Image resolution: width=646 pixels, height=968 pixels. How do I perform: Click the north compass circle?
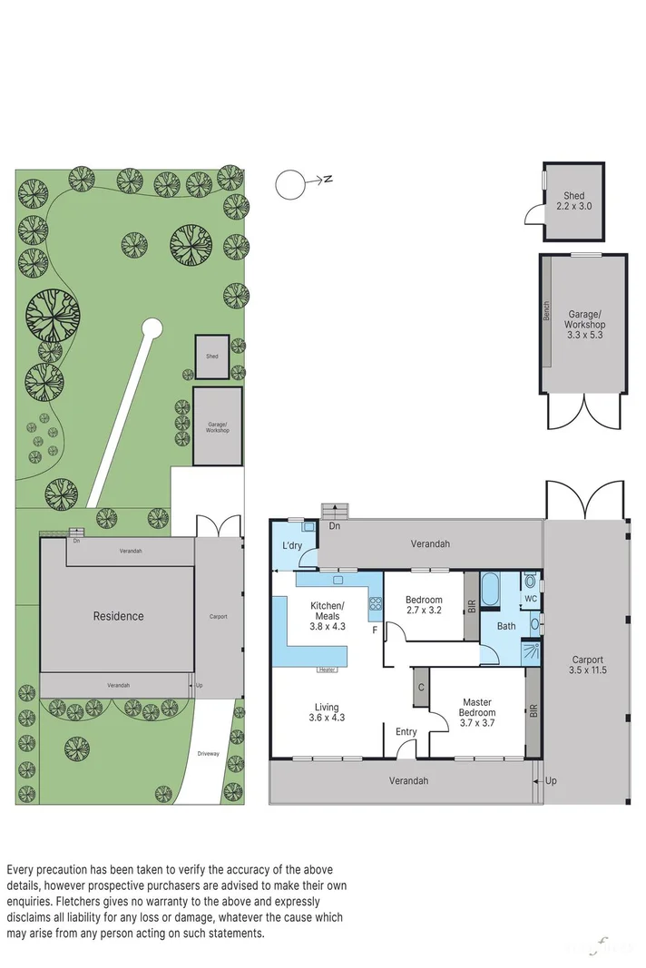click(290, 184)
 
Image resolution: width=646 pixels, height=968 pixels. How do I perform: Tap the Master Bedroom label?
click(477, 708)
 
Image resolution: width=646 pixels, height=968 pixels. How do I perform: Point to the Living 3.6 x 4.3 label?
click(327, 712)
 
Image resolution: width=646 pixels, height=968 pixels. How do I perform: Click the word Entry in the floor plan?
click(406, 731)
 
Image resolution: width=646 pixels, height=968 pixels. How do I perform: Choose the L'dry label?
click(291, 545)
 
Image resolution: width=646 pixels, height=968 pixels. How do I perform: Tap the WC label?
click(530, 599)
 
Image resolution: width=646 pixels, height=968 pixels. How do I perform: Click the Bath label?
click(505, 626)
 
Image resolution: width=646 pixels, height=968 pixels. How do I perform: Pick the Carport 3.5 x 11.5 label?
click(589, 665)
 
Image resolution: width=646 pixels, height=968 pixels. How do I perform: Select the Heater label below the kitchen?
click(328, 670)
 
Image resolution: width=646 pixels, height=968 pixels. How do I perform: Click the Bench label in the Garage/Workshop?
click(546, 310)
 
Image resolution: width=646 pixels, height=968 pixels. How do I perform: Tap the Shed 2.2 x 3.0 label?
click(573, 200)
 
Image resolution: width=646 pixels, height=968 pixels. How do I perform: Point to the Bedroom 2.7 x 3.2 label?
click(424, 605)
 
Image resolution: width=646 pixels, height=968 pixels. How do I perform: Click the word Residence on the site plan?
click(118, 616)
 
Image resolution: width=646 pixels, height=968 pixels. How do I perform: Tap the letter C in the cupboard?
click(421, 687)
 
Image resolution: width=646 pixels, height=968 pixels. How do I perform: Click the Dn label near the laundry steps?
click(335, 525)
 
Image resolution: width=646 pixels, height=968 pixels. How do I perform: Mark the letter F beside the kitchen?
click(374, 630)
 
